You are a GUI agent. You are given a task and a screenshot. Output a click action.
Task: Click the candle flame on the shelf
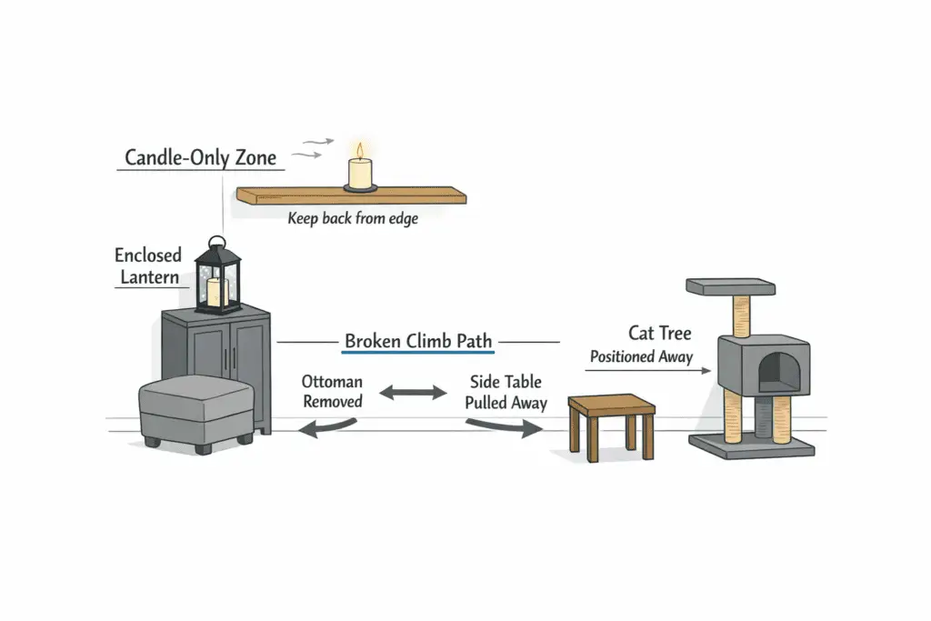pos(360,151)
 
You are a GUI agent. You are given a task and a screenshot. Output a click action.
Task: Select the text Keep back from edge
pos(353,218)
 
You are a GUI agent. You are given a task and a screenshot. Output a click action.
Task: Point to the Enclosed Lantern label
pos(148,265)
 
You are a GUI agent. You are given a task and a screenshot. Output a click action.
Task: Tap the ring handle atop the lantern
pos(216,243)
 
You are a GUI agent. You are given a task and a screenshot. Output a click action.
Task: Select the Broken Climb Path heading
pos(418,342)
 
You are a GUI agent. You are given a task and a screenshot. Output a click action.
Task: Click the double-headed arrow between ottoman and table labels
pos(414,394)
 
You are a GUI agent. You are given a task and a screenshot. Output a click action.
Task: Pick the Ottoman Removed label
pos(332,391)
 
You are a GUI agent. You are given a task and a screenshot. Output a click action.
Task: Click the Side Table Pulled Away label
pos(506,392)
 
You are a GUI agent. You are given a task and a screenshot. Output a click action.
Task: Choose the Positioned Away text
pos(641,357)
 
